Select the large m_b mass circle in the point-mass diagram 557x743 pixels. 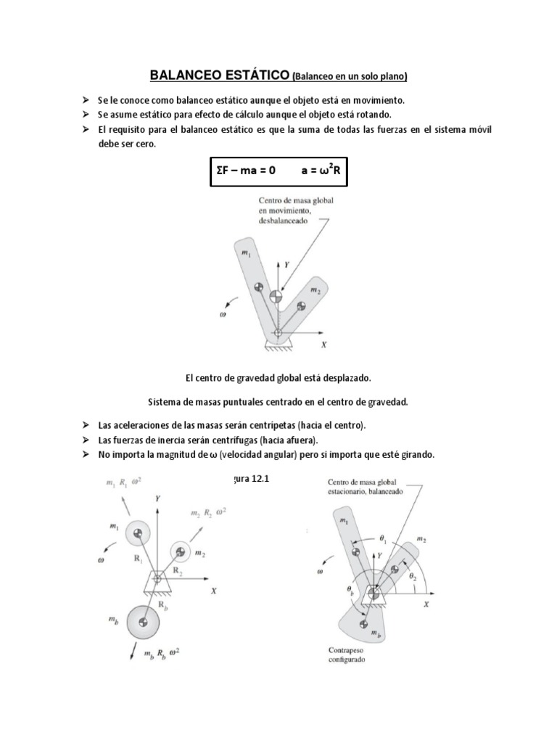pos(143,622)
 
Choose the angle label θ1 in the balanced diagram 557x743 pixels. pos(384,540)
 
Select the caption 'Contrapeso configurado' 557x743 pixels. pos(347,655)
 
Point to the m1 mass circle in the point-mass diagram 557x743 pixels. pos(137,535)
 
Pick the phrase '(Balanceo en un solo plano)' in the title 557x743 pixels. pos(350,75)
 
